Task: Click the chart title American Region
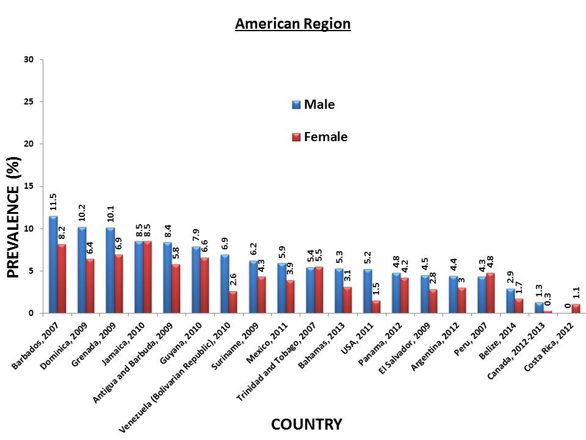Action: click(292, 24)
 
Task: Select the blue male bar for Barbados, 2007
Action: click(53, 265)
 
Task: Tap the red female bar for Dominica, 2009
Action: click(90, 286)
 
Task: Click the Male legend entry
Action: click(313, 105)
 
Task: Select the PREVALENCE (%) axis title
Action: click(14, 218)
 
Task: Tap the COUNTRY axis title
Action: click(306, 424)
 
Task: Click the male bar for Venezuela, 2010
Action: click(225, 284)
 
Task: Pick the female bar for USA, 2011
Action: click(376, 307)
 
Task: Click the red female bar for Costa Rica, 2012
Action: click(576, 309)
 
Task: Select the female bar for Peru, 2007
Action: click(490, 293)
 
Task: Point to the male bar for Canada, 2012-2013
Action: click(539, 308)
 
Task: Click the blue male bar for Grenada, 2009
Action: click(110, 271)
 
